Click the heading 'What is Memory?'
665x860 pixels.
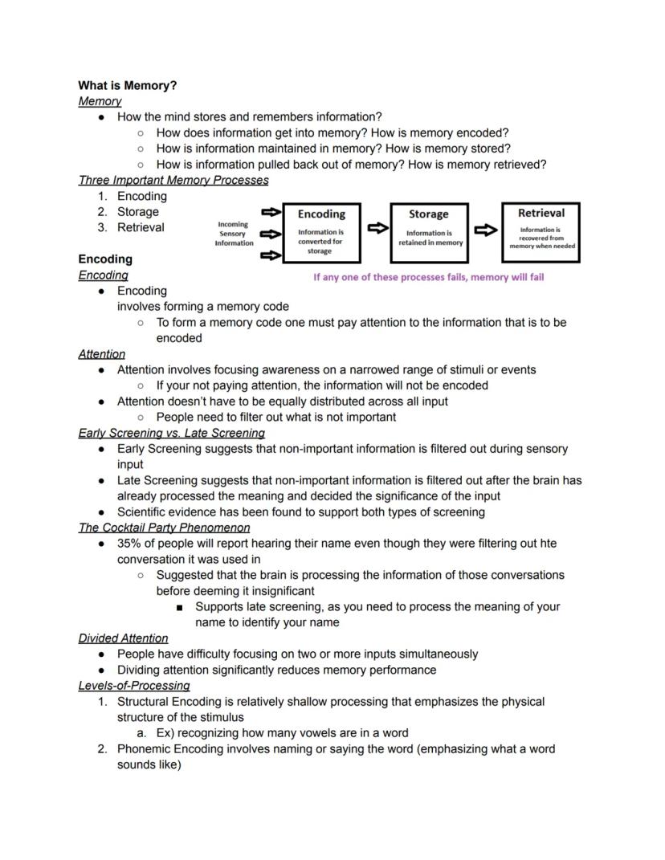coord(128,85)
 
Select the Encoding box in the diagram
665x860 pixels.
coord(321,232)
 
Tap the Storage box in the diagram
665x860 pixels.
coord(430,232)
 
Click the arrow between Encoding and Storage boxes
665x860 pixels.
coord(377,228)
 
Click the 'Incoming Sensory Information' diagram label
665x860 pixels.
coord(234,234)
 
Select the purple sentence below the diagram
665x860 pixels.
coord(428,277)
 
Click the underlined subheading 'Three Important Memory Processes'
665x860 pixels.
coord(173,181)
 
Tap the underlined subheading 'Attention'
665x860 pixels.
coord(102,354)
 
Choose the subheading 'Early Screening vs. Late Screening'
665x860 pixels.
coord(171,433)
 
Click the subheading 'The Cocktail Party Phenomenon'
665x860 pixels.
coord(164,528)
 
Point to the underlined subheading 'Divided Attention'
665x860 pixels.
coord(123,638)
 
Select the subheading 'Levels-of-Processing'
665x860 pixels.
coord(134,686)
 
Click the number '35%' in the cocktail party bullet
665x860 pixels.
coord(129,544)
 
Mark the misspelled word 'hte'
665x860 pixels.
coord(548,544)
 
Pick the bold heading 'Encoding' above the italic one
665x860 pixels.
coord(105,259)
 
